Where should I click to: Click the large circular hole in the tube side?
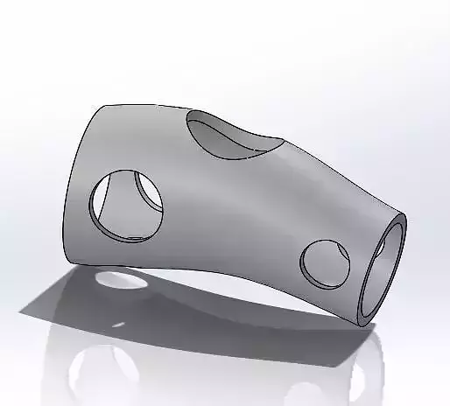[128, 205]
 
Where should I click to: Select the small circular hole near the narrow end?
[325, 263]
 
